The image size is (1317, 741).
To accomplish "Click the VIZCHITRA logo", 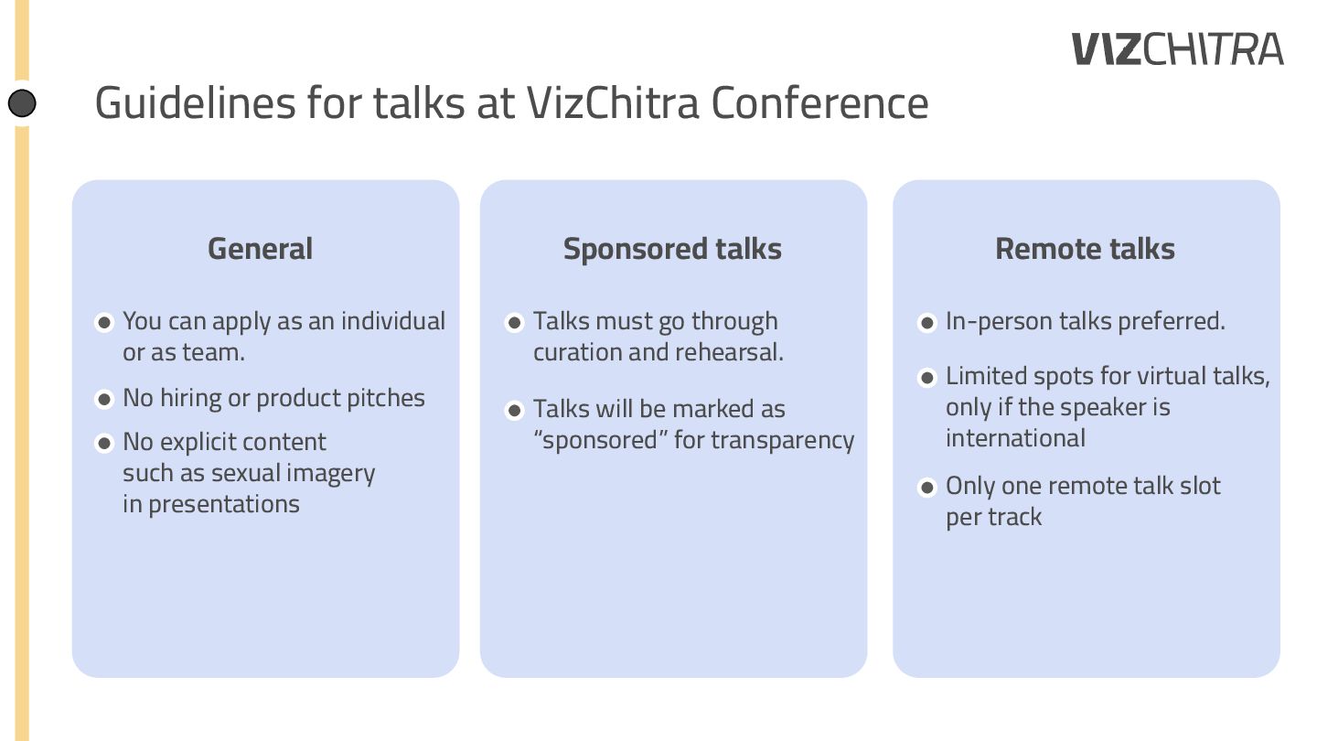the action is click(x=1178, y=49).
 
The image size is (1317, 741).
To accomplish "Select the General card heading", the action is click(x=260, y=249).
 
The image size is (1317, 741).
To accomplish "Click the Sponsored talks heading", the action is click(x=672, y=249).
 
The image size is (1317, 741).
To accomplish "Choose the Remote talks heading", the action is click(x=1085, y=249).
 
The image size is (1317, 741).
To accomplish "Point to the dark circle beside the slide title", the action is click(x=23, y=103).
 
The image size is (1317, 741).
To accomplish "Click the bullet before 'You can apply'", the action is click(x=104, y=322).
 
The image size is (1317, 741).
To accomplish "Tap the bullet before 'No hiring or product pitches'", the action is click(x=104, y=399).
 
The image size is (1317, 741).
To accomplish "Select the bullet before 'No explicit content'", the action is click(x=104, y=444).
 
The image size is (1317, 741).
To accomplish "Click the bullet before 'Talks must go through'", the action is click(x=515, y=322).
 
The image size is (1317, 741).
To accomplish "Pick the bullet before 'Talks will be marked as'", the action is click(x=515, y=410).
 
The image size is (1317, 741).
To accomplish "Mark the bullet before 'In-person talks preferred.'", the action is click(x=927, y=322).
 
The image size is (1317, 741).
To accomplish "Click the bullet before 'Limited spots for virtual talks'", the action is click(x=927, y=377).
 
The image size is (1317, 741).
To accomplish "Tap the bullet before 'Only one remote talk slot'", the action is click(x=927, y=487).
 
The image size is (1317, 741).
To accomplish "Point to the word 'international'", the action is click(x=1015, y=438).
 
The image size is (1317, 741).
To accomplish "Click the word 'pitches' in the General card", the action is click(x=391, y=399).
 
